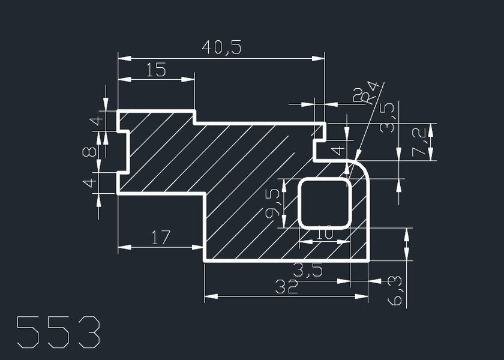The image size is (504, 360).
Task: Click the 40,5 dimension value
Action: point(221,47)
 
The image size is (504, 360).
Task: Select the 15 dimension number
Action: point(156,70)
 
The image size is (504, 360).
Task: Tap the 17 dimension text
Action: point(160,238)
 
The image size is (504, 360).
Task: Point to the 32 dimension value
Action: point(286,287)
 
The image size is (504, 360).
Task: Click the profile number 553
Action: point(58,332)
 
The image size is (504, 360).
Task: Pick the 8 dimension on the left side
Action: point(89,151)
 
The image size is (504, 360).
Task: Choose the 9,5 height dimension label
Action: point(273,203)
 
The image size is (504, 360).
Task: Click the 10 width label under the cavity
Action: point(325,233)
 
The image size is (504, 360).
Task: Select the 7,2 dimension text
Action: point(420,142)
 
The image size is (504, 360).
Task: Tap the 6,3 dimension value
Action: point(395,290)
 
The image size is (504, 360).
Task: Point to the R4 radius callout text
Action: point(370,92)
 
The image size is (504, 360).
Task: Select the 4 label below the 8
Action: point(89,183)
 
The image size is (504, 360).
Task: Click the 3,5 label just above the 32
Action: point(308,270)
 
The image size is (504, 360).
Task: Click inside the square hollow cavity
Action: point(325,203)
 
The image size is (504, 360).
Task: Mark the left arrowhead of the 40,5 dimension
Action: point(124,59)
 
